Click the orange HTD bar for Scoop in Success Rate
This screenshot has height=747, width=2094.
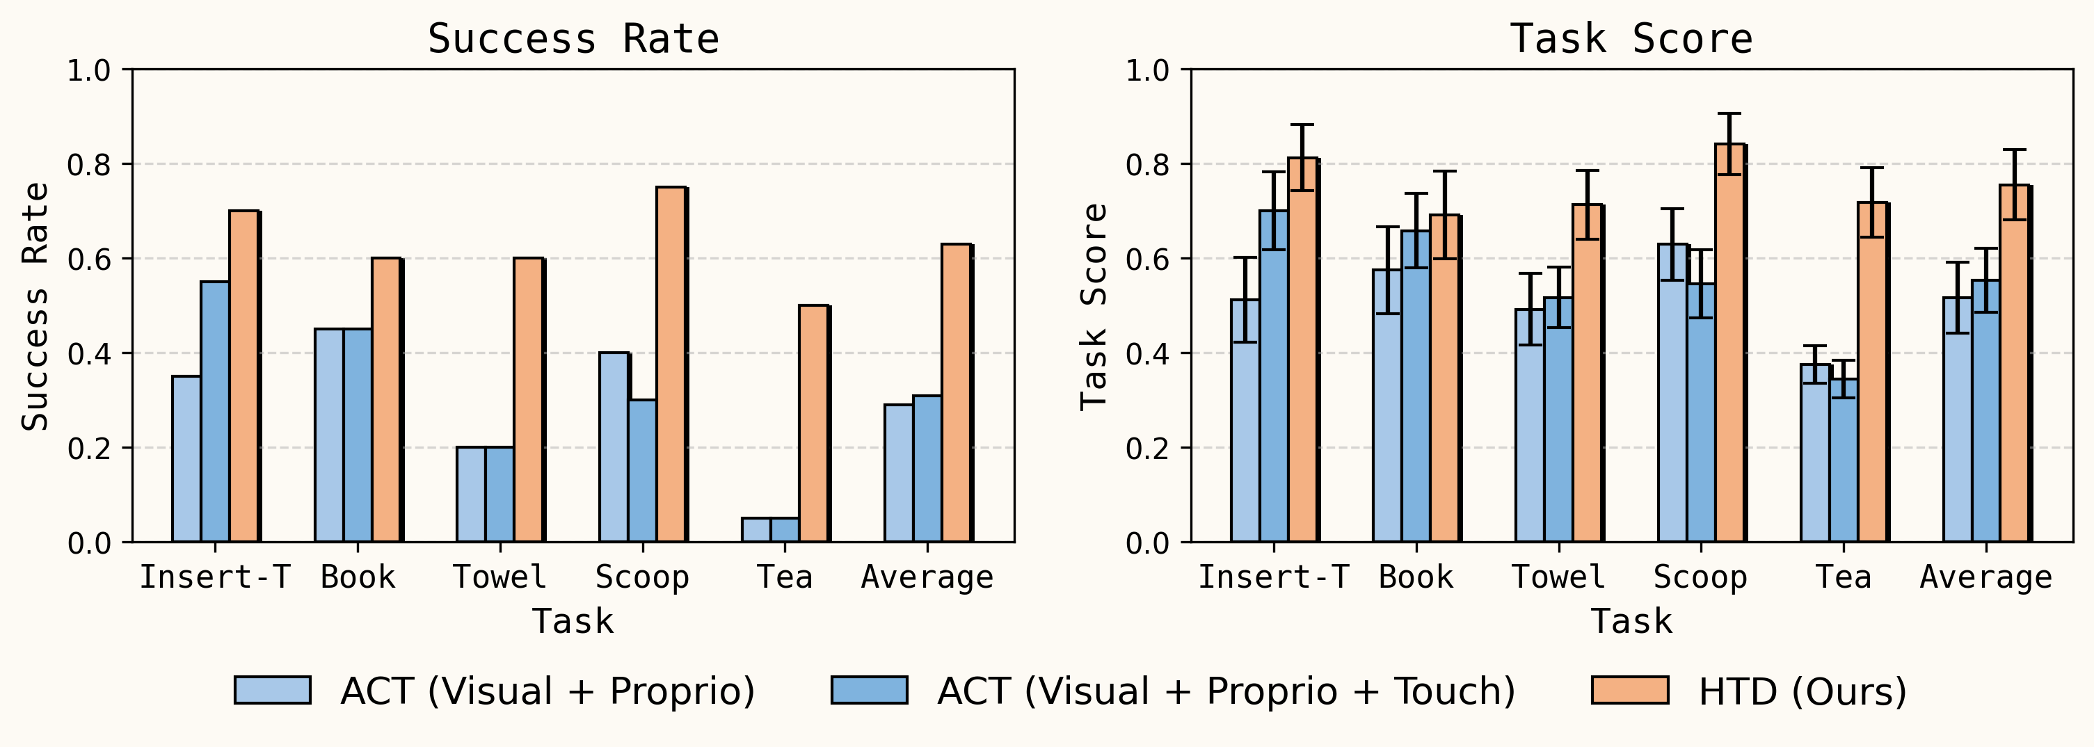coord(671,366)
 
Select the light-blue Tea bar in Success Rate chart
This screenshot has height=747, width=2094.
coord(756,530)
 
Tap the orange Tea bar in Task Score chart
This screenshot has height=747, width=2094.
coord(1872,374)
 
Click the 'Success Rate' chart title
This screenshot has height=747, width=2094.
coord(573,39)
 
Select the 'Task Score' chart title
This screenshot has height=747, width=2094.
coord(1631,39)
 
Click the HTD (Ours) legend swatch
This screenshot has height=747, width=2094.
coord(1630,690)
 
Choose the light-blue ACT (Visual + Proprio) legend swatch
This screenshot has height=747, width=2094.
coord(272,690)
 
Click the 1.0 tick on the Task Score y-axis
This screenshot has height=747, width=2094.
coord(1147,71)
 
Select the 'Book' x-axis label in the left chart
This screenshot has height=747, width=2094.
coord(358,577)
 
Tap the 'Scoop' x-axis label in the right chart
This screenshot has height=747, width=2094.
coord(1700,577)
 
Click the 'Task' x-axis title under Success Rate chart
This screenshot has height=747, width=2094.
coord(573,622)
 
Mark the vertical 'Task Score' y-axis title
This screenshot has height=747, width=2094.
coord(1094,307)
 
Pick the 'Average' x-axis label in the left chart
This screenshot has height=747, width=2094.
coord(927,577)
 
